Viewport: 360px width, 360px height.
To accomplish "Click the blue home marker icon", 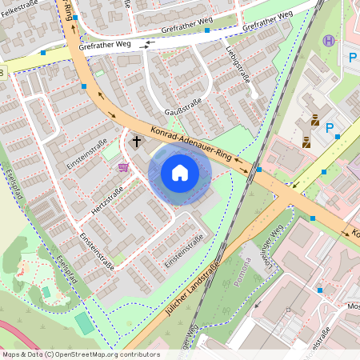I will [179, 173].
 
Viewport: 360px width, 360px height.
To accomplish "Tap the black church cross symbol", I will [136, 142].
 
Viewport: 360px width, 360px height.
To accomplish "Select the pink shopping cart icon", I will [123, 166].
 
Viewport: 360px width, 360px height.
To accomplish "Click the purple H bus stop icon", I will [327, 41].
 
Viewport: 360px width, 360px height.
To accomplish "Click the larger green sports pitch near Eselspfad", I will [83, 323].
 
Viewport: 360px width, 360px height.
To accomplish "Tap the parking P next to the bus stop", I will [352, 58].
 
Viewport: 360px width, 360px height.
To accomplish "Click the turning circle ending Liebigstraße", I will [254, 96].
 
